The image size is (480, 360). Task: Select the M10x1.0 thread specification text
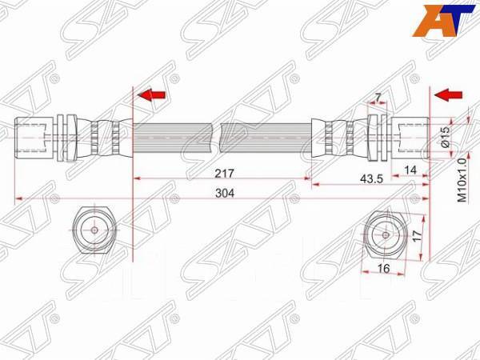point(462,178)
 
